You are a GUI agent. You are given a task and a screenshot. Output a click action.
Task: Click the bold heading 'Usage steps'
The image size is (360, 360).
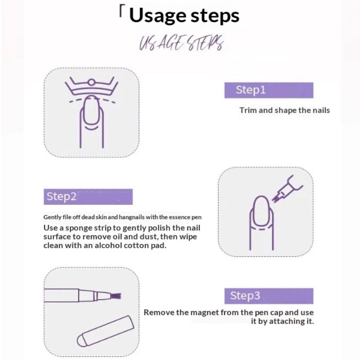coord(184,16)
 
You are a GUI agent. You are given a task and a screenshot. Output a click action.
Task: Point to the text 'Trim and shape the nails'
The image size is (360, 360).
coord(285,110)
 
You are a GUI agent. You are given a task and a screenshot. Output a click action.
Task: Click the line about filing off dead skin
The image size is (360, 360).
coord(122,217)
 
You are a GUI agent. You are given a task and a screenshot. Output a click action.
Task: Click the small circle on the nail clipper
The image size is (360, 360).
coord(91,82)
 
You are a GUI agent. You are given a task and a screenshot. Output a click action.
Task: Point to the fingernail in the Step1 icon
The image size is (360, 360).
coord(92,110)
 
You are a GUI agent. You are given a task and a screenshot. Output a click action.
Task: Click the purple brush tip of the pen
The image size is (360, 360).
coord(116,296)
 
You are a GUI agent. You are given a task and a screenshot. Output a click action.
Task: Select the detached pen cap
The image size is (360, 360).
coord(105,331)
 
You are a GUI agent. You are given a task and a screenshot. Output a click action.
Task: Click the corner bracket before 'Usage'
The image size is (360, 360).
coord(121,12)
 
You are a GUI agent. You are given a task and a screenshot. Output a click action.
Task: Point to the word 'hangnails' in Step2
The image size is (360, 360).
coord(129,217)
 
